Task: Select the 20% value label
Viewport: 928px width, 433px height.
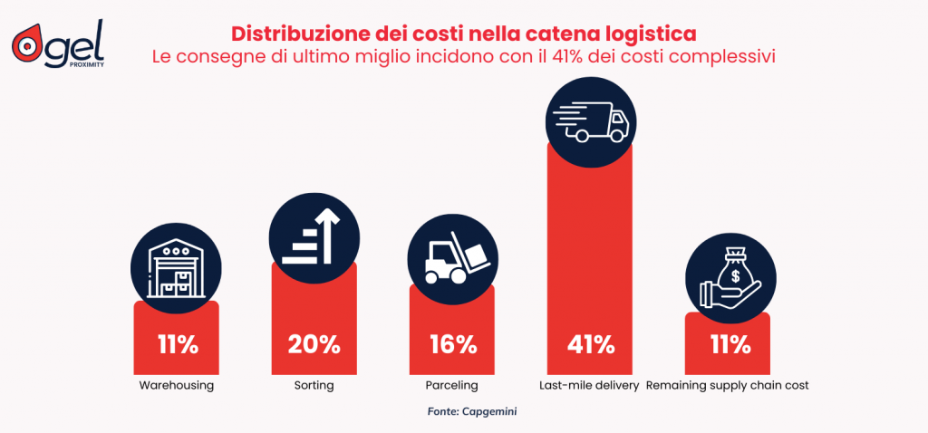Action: click(314, 344)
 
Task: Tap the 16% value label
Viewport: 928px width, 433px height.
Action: click(452, 344)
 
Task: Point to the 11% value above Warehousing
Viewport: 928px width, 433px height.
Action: click(177, 344)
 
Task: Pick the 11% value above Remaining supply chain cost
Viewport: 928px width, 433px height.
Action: click(728, 344)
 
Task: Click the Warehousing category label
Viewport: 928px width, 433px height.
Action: click(177, 385)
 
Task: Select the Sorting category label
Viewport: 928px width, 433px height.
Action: click(314, 385)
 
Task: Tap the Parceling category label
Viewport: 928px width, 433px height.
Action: click(451, 385)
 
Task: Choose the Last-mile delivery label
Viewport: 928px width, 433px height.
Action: click(589, 385)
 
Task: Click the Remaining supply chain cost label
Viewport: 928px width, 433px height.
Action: click(728, 385)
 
